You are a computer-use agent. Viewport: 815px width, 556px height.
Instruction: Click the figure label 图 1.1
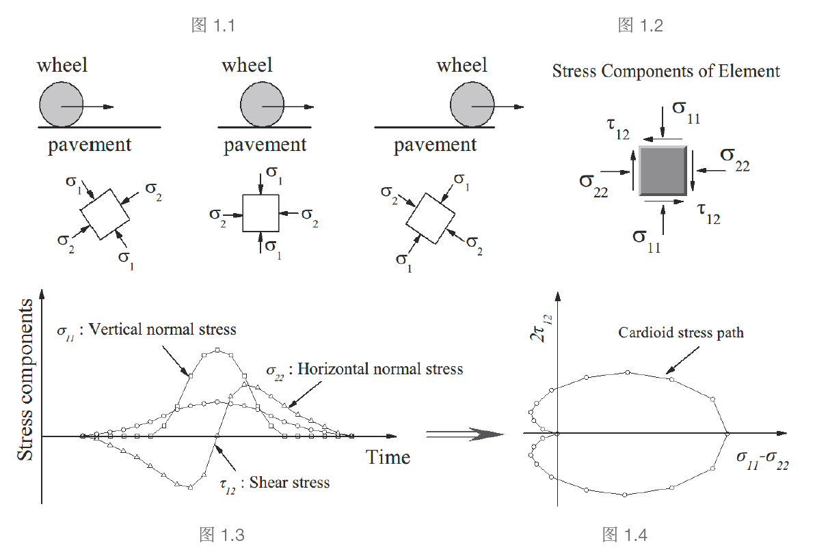click(213, 27)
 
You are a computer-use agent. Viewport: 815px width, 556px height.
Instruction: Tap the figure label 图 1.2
click(640, 26)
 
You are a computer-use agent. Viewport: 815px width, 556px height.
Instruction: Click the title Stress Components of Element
click(666, 71)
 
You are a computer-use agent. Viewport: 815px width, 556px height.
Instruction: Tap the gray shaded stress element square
click(663, 170)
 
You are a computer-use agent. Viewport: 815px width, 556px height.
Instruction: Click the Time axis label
click(388, 457)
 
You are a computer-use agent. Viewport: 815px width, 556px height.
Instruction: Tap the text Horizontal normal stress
click(380, 369)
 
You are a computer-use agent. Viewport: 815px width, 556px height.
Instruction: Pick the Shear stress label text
click(289, 482)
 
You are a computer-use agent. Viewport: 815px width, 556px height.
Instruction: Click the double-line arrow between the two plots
click(465, 434)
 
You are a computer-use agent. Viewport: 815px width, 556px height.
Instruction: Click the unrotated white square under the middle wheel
click(261, 213)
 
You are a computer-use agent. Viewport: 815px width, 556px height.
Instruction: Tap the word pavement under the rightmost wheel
click(435, 145)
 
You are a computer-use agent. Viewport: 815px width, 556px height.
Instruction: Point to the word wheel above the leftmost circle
click(62, 66)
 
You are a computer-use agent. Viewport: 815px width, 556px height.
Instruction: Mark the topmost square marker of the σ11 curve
click(217, 350)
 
